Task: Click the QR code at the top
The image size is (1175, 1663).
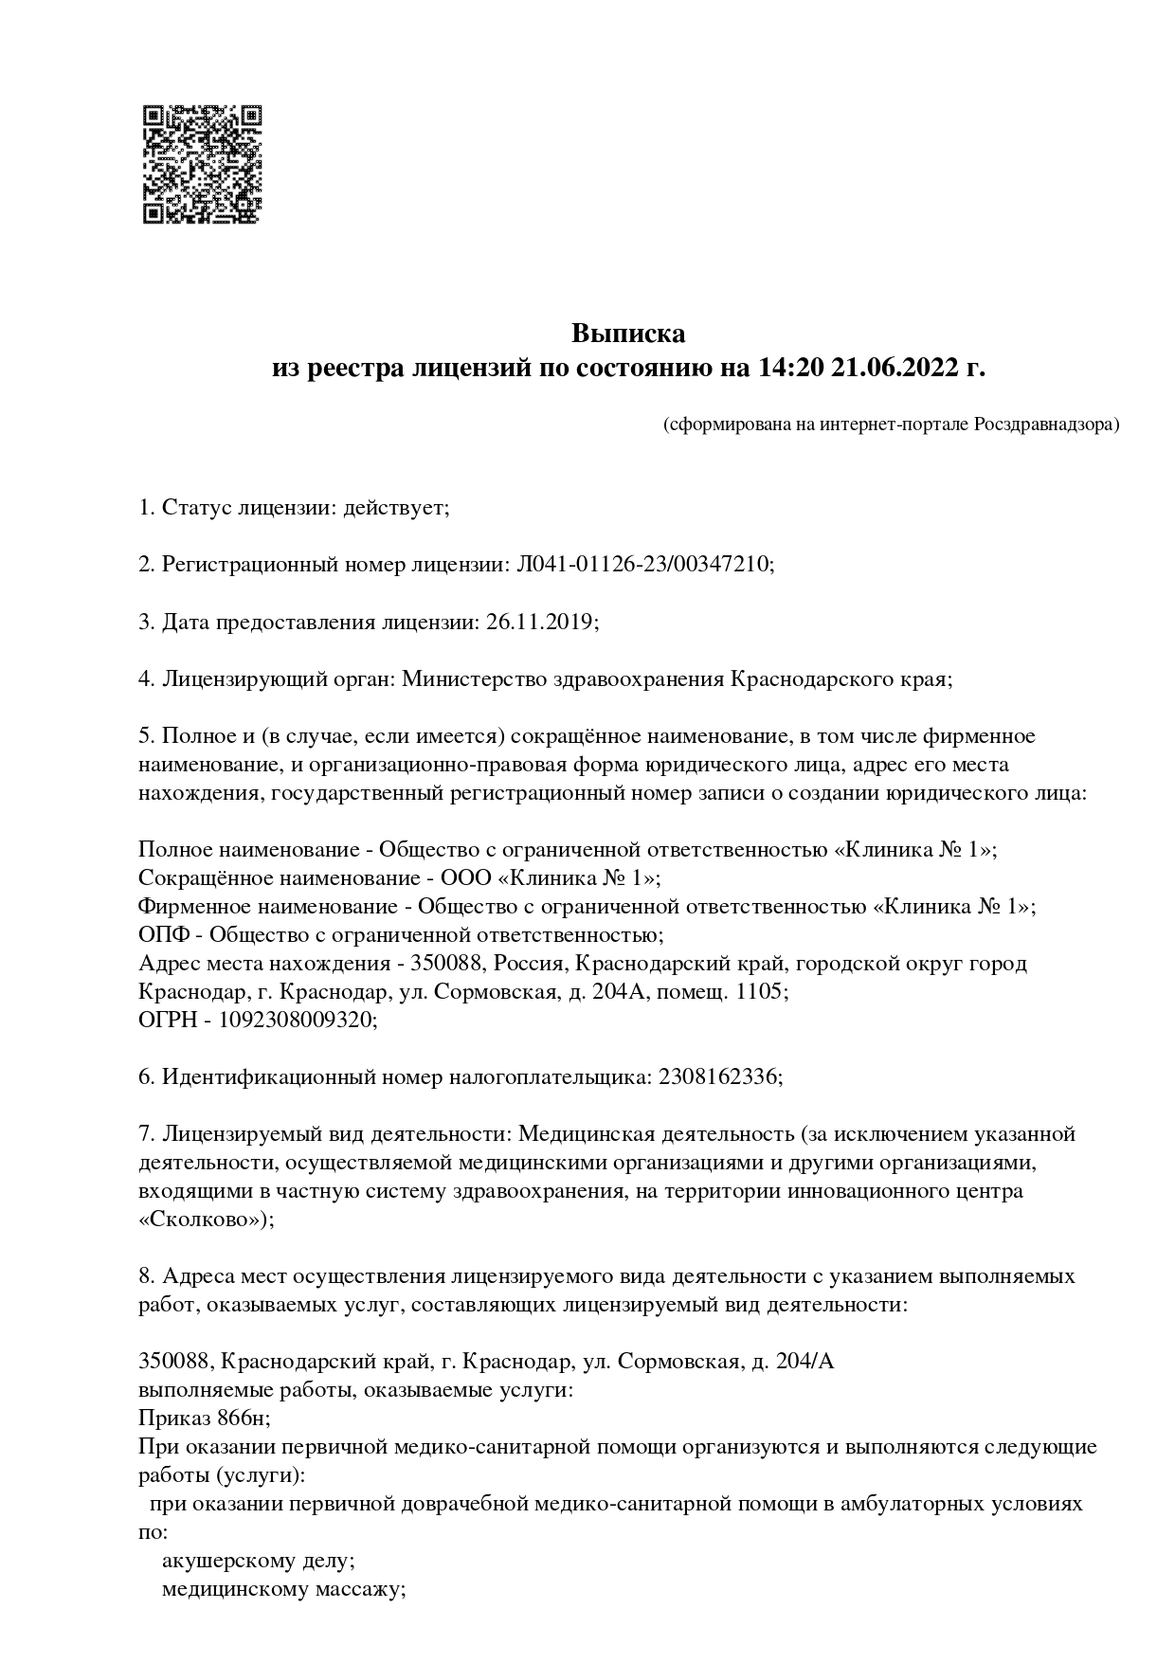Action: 201,164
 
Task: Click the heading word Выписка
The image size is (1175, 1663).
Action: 627,334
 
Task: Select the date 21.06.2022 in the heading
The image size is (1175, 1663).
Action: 895,368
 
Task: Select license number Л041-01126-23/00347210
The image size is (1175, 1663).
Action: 643,565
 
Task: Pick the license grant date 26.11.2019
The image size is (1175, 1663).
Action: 540,622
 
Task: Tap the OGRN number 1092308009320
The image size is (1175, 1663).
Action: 298,1020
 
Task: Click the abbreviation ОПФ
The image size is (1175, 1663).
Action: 164,934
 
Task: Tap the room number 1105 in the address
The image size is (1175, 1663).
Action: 759,991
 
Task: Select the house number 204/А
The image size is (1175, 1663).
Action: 804,1362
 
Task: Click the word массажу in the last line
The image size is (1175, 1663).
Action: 360,1589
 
